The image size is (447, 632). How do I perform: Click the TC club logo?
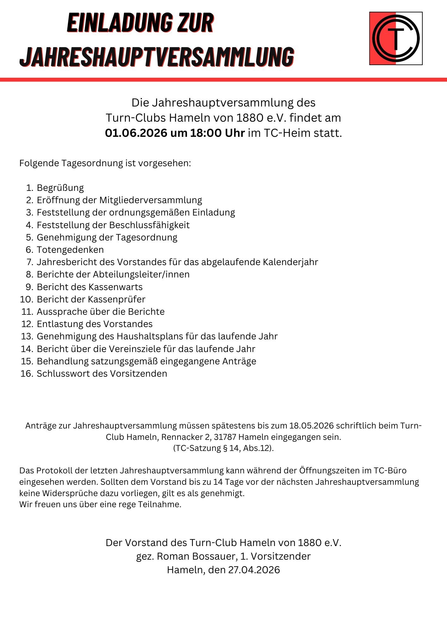396,38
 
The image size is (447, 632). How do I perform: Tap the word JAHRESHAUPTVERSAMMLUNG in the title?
157,57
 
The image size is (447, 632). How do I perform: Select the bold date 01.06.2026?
136,133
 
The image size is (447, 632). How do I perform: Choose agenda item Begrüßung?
60,188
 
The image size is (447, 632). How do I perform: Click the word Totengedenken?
70,250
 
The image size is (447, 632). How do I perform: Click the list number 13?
27,336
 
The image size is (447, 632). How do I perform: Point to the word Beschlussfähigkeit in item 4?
149,225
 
